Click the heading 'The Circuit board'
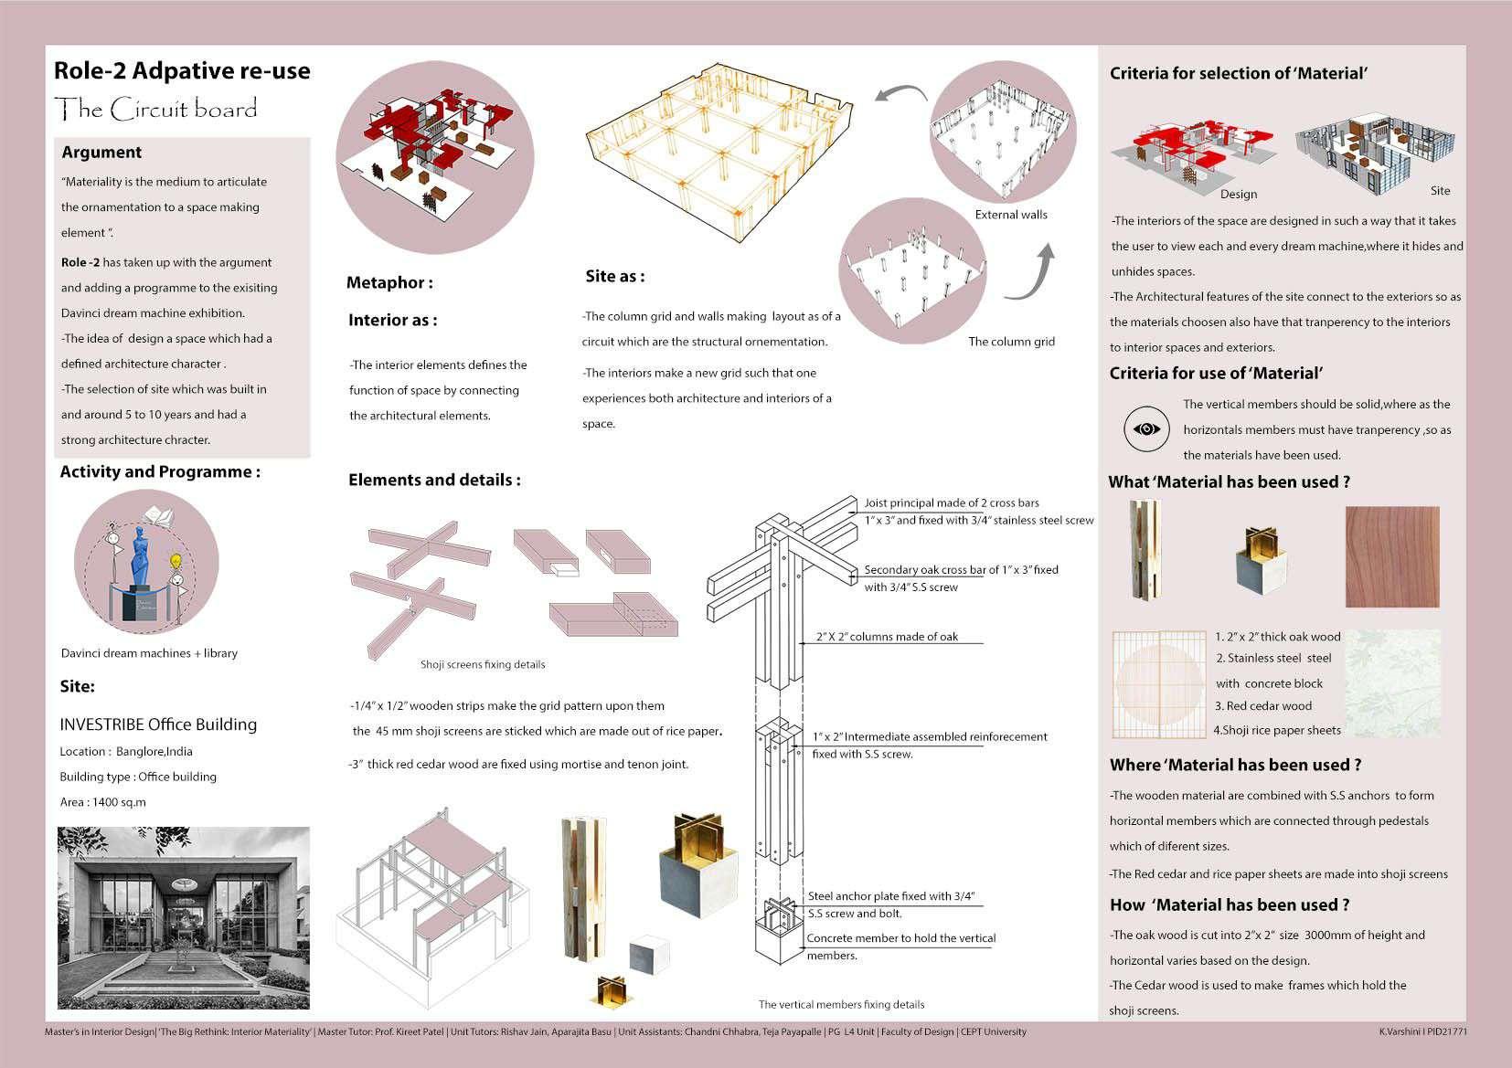(156, 110)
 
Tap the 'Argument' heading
(101, 153)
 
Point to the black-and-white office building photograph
(184, 917)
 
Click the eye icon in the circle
(1146, 428)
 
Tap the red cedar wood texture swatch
(1392, 557)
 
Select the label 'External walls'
(1011, 215)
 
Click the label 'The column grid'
(1011, 342)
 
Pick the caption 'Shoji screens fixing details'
(483, 664)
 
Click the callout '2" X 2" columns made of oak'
(887, 637)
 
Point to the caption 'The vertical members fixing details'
(841, 1004)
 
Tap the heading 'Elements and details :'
(434, 481)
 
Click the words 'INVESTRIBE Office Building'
(158, 724)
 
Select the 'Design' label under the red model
(1239, 194)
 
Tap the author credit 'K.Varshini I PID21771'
(1423, 1031)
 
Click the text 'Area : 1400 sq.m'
(102, 802)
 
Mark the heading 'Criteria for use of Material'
(1216, 373)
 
